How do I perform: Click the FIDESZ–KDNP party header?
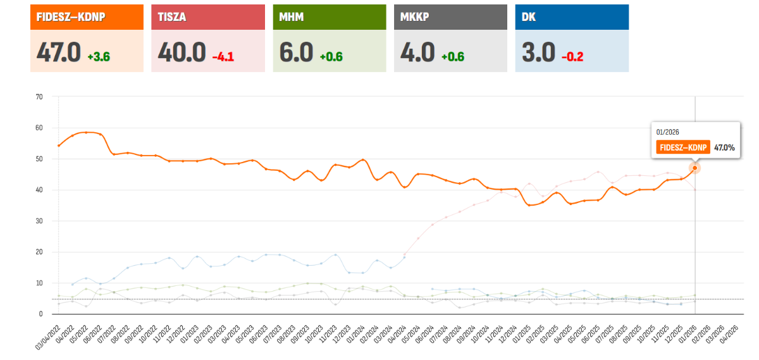pos(70,17)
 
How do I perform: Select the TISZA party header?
pos(170,17)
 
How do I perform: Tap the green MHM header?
pos(292,17)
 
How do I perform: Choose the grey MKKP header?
pos(415,17)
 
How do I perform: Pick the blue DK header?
pos(529,17)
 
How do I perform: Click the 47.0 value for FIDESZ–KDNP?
pos(58,52)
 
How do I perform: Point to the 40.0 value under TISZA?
pos(181,52)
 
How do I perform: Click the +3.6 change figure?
pos(99,57)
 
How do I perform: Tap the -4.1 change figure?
pos(223,57)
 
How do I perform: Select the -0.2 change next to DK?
pos(572,57)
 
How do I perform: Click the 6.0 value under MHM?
pos(297,52)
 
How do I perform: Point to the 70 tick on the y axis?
pos(39,97)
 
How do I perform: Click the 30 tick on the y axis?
pos(39,221)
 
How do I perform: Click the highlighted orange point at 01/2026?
pos(694,168)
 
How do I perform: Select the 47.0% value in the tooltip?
pos(724,147)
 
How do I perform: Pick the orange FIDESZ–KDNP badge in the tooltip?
pos(682,147)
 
